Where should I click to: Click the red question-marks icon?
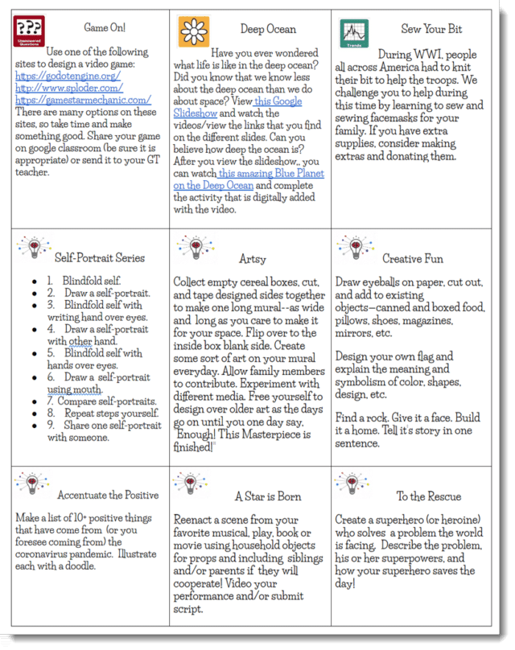click(29, 31)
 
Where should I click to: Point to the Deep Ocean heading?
click(268, 30)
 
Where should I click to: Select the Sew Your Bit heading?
click(432, 29)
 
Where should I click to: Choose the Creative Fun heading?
click(411, 259)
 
